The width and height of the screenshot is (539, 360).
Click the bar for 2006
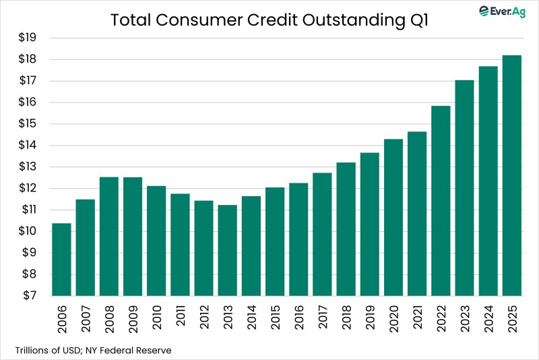point(61,260)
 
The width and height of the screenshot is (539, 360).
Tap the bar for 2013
point(227,250)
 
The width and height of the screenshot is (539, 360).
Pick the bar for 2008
point(108,236)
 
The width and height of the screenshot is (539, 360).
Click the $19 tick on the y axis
point(26,38)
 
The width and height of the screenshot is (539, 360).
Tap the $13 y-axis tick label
point(26,167)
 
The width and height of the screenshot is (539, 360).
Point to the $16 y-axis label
point(26,102)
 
